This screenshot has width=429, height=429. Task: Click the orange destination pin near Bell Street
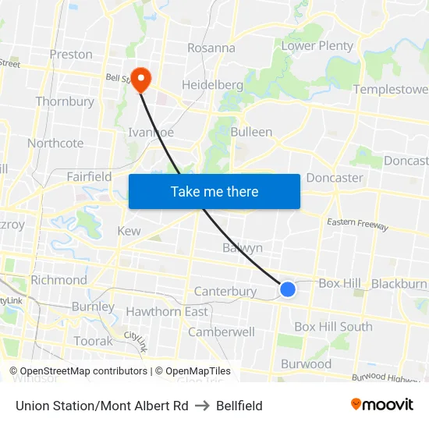[140, 77]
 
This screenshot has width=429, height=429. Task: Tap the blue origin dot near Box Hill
[287, 289]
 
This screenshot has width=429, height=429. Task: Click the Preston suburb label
[71, 55]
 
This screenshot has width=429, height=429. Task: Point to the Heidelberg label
[209, 84]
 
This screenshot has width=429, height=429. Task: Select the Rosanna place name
[211, 48]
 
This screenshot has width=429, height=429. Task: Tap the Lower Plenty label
[317, 46]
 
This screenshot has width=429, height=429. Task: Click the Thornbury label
[65, 101]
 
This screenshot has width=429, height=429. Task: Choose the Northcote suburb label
[55, 144]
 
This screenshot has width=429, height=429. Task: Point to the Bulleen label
[251, 132]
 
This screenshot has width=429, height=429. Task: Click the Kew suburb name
[129, 232]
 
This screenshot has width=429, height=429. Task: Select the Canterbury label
[225, 292]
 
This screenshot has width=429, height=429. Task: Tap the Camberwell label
[222, 331]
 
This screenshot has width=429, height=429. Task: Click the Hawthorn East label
[167, 312]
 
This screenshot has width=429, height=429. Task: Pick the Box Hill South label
[333, 327]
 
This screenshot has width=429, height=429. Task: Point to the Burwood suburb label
[306, 364]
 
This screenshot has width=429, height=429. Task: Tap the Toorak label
[94, 342]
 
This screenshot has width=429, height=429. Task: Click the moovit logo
[381, 405]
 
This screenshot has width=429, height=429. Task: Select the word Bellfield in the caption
[239, 406]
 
